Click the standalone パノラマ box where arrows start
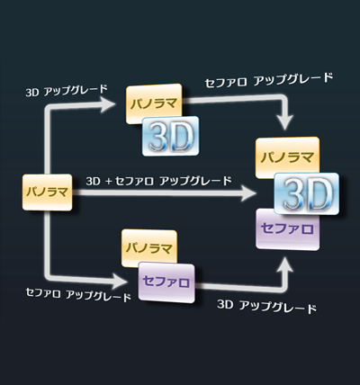[47, 192]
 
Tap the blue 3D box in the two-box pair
[170, 136]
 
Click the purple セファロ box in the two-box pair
[166, 282]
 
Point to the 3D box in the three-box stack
[306, 193]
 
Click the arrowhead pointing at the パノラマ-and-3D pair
[108, 104]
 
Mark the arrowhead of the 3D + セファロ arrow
[248, 192]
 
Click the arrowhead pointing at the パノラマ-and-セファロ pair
[119, 281]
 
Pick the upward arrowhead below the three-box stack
[284, 264]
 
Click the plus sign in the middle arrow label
[108, 182]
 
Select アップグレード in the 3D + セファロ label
[195, 181]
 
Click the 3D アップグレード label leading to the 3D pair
[67, 90]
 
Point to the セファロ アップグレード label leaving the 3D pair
[269, 80]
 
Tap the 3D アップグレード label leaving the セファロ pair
[266, 307]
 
